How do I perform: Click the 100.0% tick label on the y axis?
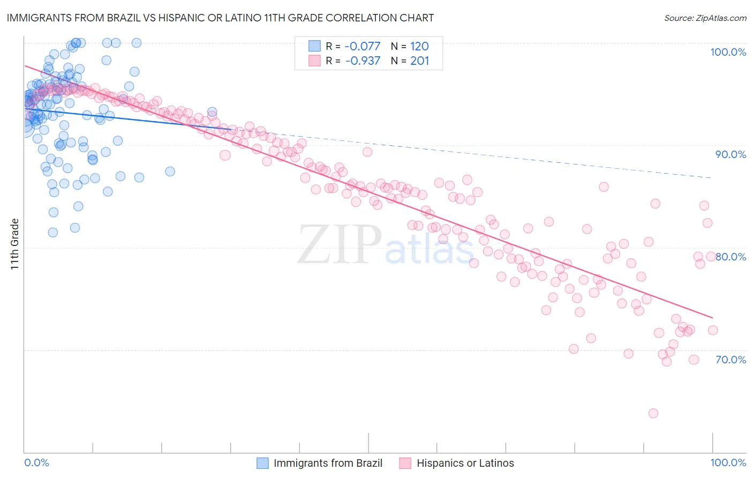(x=728, y=52)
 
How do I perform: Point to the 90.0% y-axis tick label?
(x=731, y=154)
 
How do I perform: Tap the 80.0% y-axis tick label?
(x=731, y=257)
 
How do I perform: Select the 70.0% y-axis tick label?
(x=731, y=360)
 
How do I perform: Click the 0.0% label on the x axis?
(x=36, y=462)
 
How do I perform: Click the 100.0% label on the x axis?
(x=728, y=462)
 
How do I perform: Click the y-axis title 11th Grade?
(x=15, y=244)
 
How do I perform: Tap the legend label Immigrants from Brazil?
(x=328, y=463)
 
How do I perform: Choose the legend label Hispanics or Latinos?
(x=465, y=463)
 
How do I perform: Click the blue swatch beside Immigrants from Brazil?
(x=262, y=463)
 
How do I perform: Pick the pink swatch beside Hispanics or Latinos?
(x=405, y=463)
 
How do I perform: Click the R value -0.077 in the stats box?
(x=362, y=46)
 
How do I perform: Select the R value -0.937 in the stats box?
(x=362, y=61)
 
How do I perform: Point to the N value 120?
(x=419, y=46)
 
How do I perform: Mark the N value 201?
(x=419, y=61)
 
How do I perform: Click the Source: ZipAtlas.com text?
(x=705, y=18)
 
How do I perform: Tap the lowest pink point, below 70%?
(x=653, y=413)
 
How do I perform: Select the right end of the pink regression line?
(x=712, y=318)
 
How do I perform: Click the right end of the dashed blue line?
(x=712, y=177)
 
